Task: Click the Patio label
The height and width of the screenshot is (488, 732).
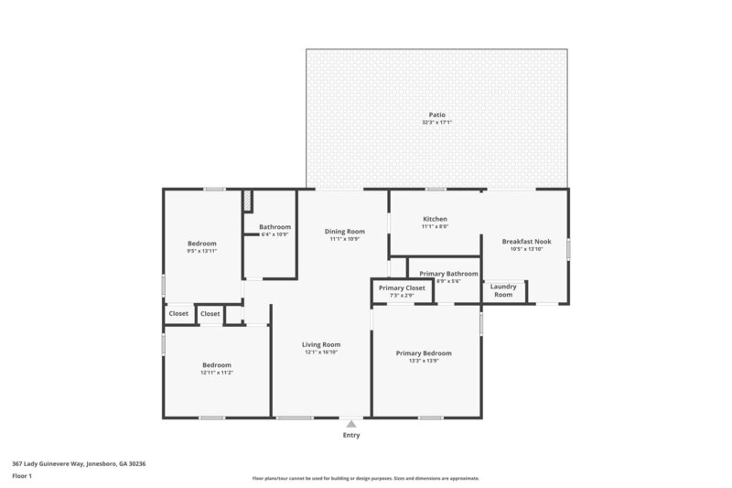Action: coord(436,114)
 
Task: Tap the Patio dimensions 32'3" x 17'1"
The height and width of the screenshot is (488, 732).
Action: coord(436,122)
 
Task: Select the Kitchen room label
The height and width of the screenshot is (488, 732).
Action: coord(435,219)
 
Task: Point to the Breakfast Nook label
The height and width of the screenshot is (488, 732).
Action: coord(526,242)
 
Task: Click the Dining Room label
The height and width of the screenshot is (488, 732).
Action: coord(344,232)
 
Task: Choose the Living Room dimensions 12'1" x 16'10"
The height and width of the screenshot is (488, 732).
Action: coord(321,352)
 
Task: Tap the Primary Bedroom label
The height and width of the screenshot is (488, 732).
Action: coord(424,352)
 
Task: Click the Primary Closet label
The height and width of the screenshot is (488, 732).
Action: coord(402,287)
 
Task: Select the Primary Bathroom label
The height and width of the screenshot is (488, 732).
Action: coord(448,273)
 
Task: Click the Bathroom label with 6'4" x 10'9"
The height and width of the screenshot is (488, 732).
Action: coord(274,227)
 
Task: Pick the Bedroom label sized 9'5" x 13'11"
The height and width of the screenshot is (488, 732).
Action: coord(202,243)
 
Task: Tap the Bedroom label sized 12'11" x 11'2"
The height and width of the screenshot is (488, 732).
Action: coord(217,364)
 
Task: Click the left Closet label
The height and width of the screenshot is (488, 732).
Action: coord(178,313)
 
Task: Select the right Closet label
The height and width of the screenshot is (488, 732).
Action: coord(210,313)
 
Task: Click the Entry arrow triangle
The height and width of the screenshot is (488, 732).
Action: coord(351,423)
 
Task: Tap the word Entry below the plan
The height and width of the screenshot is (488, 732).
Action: coord(351,435)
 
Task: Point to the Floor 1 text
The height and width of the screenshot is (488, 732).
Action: coord(22,476)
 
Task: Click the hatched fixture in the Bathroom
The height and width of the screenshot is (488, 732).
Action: coord(247,201)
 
